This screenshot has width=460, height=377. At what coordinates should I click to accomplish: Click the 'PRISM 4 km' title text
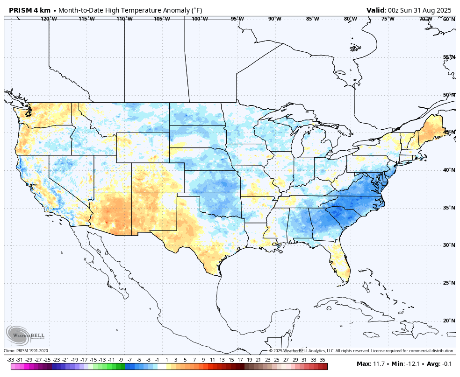click(x=29, y=10)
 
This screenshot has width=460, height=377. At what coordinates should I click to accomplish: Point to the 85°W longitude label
click(x=313, y=19)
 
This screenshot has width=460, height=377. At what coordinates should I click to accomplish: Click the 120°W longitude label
click(x=49, y=19)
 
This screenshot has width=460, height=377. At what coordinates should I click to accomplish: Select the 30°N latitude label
click(x=449, y=245)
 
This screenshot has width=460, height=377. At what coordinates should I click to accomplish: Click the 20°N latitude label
click(x=449, y=321)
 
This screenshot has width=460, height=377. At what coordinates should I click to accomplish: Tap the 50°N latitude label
click(x=449, y=95)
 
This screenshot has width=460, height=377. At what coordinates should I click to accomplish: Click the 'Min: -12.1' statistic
click(x=405, y=364)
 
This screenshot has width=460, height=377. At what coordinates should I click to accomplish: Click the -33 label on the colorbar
click(x=11, y=360)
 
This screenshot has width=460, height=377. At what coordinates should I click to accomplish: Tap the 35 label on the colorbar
click(x=323, y=360)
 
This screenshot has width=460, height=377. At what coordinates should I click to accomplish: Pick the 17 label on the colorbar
click(x=240, y=360)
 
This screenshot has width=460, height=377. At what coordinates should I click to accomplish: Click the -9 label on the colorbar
click(x=121, y=360)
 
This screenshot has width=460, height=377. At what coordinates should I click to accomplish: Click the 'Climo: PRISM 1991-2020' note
click(x=26, y=351)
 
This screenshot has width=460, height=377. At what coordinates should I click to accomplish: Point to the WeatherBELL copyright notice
click(x=361, y=351)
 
